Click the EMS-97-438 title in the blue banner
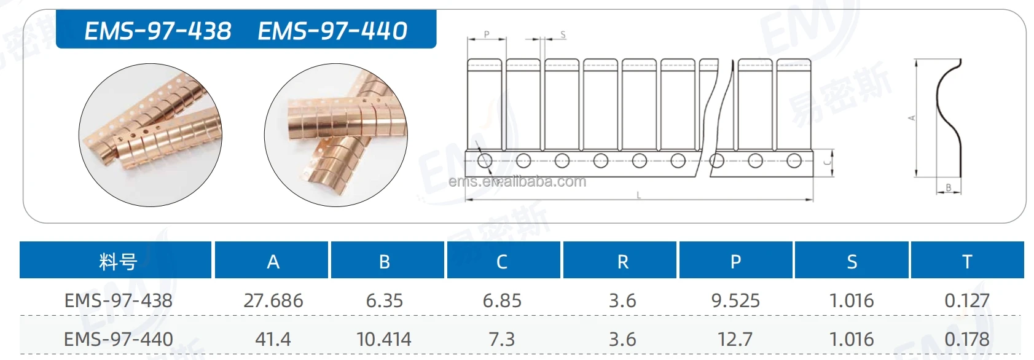(x=158, y=31)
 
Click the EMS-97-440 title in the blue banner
(x=332, y=31)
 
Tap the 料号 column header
(x=118, y=262)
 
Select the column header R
(x=623, y=262)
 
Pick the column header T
(x=967, y=262)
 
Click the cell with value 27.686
(x=273, y=301)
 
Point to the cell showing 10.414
(x=383, y=340)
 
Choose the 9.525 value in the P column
(x=735, y=301)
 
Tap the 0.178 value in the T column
(x=967, y=340)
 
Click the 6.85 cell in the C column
(x=502, y=301)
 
